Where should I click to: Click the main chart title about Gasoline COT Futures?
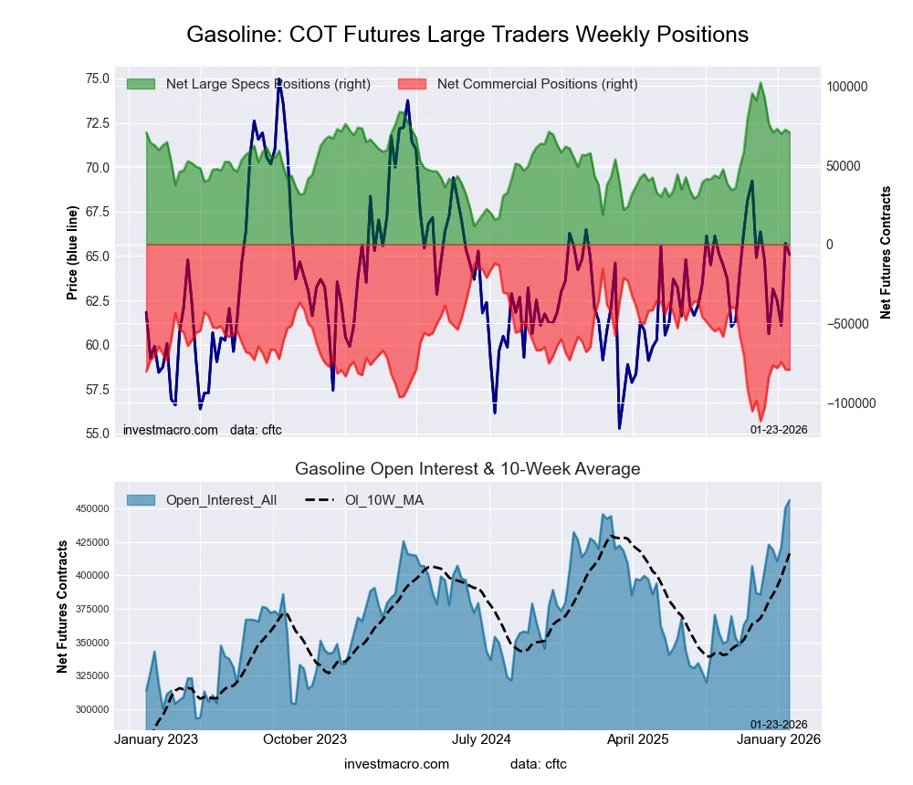[x=467, y=35]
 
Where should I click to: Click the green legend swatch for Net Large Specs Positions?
[x=141, y=84]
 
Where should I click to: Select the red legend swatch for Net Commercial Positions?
[x=412, y=84]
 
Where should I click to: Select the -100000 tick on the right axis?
[x=850, y=403]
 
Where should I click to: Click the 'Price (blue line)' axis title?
[x=72, y=253]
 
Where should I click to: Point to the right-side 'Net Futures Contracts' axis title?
[x=886, y=253]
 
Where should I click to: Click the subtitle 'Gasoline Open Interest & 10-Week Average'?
[x=467, y=469]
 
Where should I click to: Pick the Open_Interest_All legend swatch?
[x=141, y=499]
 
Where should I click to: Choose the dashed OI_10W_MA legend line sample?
[x=323, y=499]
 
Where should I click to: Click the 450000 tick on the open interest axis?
[x=90, y=508]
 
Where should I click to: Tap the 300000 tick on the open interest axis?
[x=90, y=709]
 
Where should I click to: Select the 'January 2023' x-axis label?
[x=157, y=739]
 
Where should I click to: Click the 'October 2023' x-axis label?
[x=306, y=739]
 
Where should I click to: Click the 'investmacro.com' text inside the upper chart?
[x=170, y=429]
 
